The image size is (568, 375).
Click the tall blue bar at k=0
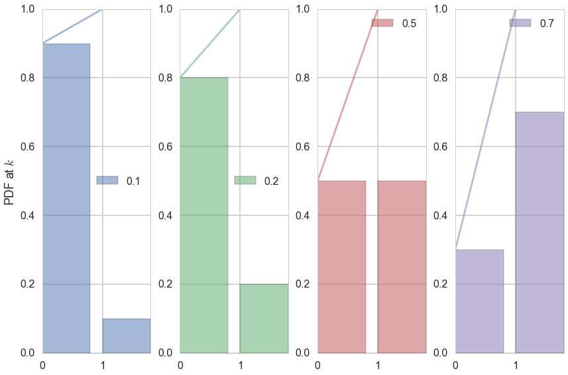66,198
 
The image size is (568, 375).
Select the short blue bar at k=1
126,335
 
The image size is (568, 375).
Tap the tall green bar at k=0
204,215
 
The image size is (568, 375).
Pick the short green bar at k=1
264,318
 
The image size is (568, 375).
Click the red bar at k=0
341,266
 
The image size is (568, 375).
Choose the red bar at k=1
402,266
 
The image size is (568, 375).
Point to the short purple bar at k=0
479,301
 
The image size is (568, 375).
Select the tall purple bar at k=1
540,232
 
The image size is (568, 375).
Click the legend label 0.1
133,181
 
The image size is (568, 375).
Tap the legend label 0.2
271,181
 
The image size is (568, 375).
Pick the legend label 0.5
409,23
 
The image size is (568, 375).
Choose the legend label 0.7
547,23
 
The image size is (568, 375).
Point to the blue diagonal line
72,27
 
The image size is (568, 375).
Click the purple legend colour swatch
520,23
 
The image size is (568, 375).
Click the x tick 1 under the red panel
378,365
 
